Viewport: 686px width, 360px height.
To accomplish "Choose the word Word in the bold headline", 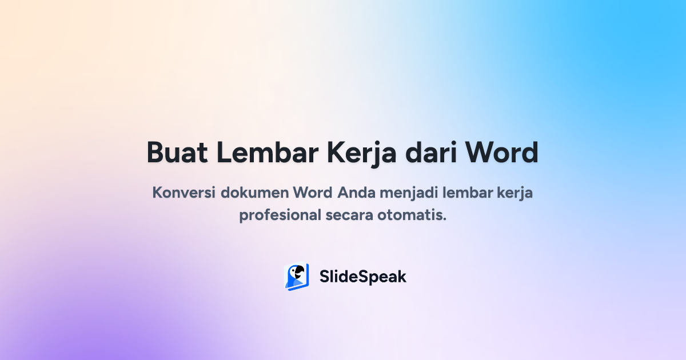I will (501, 153).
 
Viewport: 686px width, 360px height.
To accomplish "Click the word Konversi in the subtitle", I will (184, 193).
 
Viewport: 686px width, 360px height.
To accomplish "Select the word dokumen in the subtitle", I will (254, 193).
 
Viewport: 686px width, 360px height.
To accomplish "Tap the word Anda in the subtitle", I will (354, 193).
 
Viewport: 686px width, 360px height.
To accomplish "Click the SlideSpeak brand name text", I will (363, 277).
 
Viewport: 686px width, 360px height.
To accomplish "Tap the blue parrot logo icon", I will (297, 277).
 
